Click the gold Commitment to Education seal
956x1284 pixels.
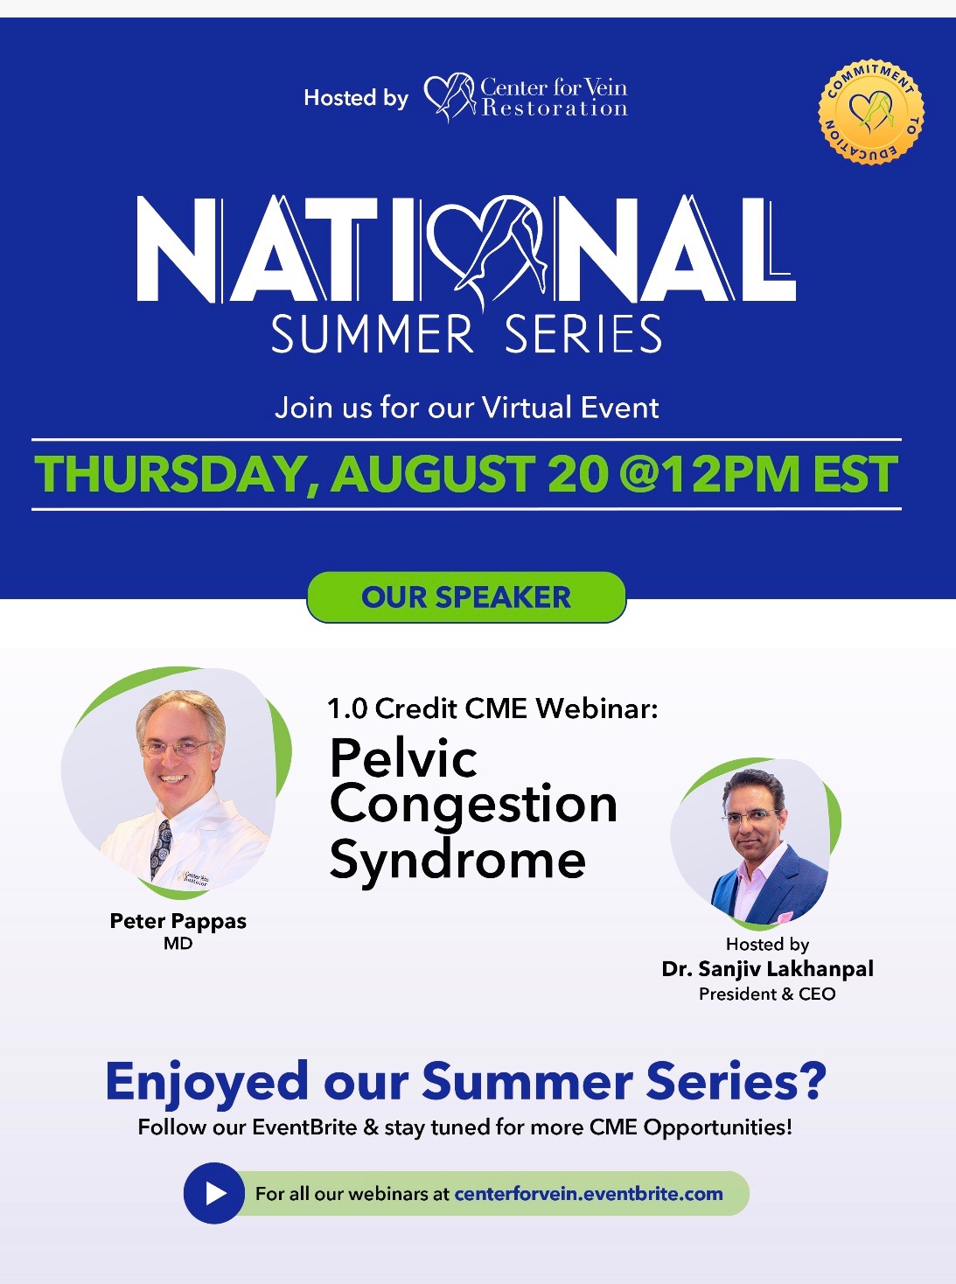[871, 111]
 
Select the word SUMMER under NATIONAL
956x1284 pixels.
[373, 334]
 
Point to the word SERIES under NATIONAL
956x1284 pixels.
[583, 334]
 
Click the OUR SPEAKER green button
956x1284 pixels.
[466, 597]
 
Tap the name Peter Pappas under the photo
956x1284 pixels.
[178, 921]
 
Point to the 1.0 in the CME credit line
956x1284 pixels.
[347, 709]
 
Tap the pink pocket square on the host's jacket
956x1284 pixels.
[785, 917]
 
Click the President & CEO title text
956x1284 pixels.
[767, 994]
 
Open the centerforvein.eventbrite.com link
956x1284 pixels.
[589, 1194]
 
